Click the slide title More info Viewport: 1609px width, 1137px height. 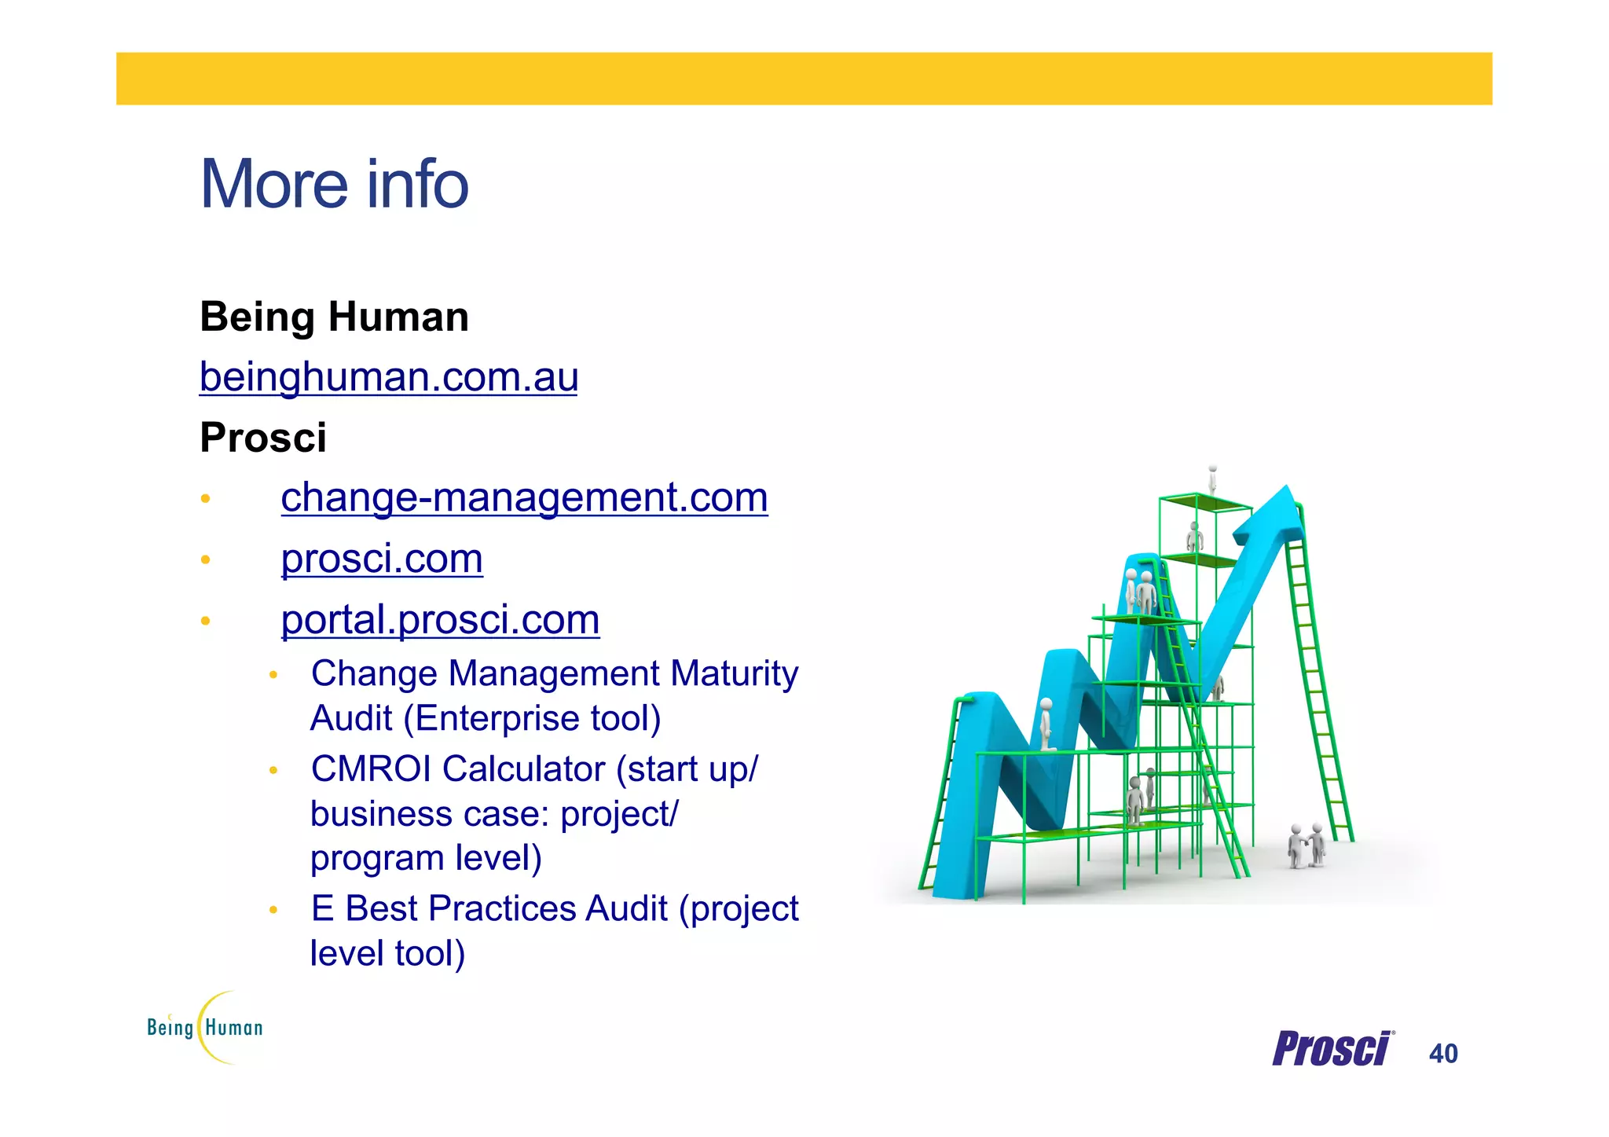(334, 185)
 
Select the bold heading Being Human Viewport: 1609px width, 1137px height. (334, 317)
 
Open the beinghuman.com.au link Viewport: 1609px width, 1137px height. (389, 377)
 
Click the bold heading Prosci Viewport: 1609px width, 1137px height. (263, 438)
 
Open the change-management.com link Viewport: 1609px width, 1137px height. (524, 497)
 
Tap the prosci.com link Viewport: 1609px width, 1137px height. (382, 559)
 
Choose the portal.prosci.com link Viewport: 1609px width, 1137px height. (440, 620)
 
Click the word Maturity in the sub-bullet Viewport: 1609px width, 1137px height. (735, 674)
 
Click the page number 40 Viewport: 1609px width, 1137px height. (1443, 1054)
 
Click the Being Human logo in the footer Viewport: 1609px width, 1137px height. (205, 1028)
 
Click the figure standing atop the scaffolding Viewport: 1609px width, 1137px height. (1212, 477)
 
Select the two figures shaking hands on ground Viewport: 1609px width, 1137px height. (1306, 845)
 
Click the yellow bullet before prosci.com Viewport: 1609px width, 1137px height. (205, 560)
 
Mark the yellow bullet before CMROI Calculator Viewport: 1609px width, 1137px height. (273, 771)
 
